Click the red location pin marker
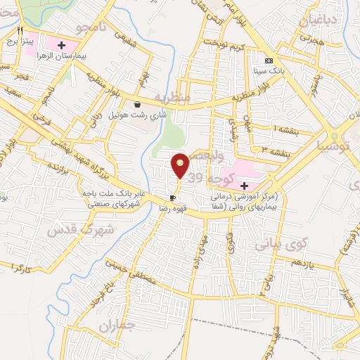tap(181, 166)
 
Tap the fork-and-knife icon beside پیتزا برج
tap(20, 31)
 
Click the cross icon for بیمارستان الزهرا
tap(62, 45)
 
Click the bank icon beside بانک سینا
tap(268, 60)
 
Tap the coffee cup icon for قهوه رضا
tap(172, 198)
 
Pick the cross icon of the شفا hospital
tap(244, 185)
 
